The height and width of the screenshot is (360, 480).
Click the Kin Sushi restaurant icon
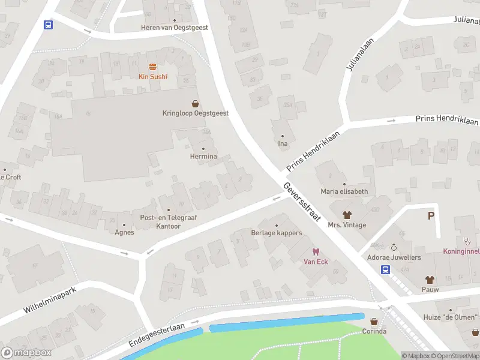(x=152, y=67)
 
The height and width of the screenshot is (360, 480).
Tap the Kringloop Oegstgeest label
(x=195, y=113)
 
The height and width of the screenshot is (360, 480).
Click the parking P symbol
(x=431, y=216)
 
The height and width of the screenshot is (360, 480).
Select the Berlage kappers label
(x=277, y=233)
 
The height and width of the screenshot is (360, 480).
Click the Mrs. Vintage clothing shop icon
(x=347, y=215)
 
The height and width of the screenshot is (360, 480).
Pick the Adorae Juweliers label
(x=394, y=257)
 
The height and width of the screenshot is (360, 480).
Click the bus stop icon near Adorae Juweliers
(x=385, y=269)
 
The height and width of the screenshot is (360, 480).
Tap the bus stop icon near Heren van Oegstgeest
(x=48, y=25)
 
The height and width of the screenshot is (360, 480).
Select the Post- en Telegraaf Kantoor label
(x=160, y=221)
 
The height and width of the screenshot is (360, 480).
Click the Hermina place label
(x=203, y=157)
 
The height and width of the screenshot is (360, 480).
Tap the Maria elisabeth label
(x=344, y=191)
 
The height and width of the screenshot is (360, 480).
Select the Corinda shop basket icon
(x=375, y=322)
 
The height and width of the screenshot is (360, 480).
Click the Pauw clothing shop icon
(x=430, y=280)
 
